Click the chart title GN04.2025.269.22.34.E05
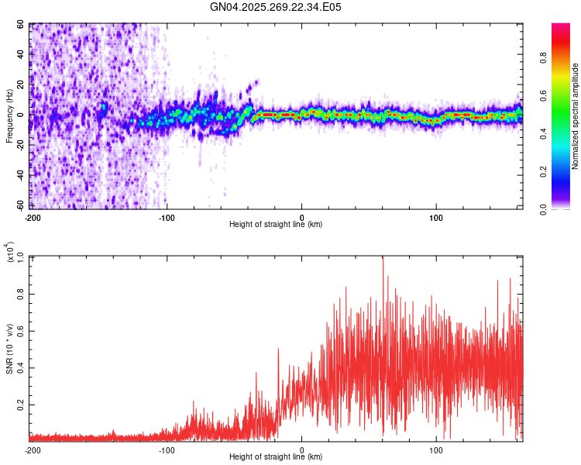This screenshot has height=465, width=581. (x=276, y=7)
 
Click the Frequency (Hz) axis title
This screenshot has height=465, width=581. (x=9, y=116)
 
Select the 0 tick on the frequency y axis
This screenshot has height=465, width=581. (x=25, y=115)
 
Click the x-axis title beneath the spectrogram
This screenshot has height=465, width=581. (x=276, y=225)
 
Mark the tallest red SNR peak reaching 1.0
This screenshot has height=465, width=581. (x=382, y=258)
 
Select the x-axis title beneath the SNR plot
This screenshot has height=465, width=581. (x=276, y=457)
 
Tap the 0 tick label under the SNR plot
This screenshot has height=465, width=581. (x=302, y=449)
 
